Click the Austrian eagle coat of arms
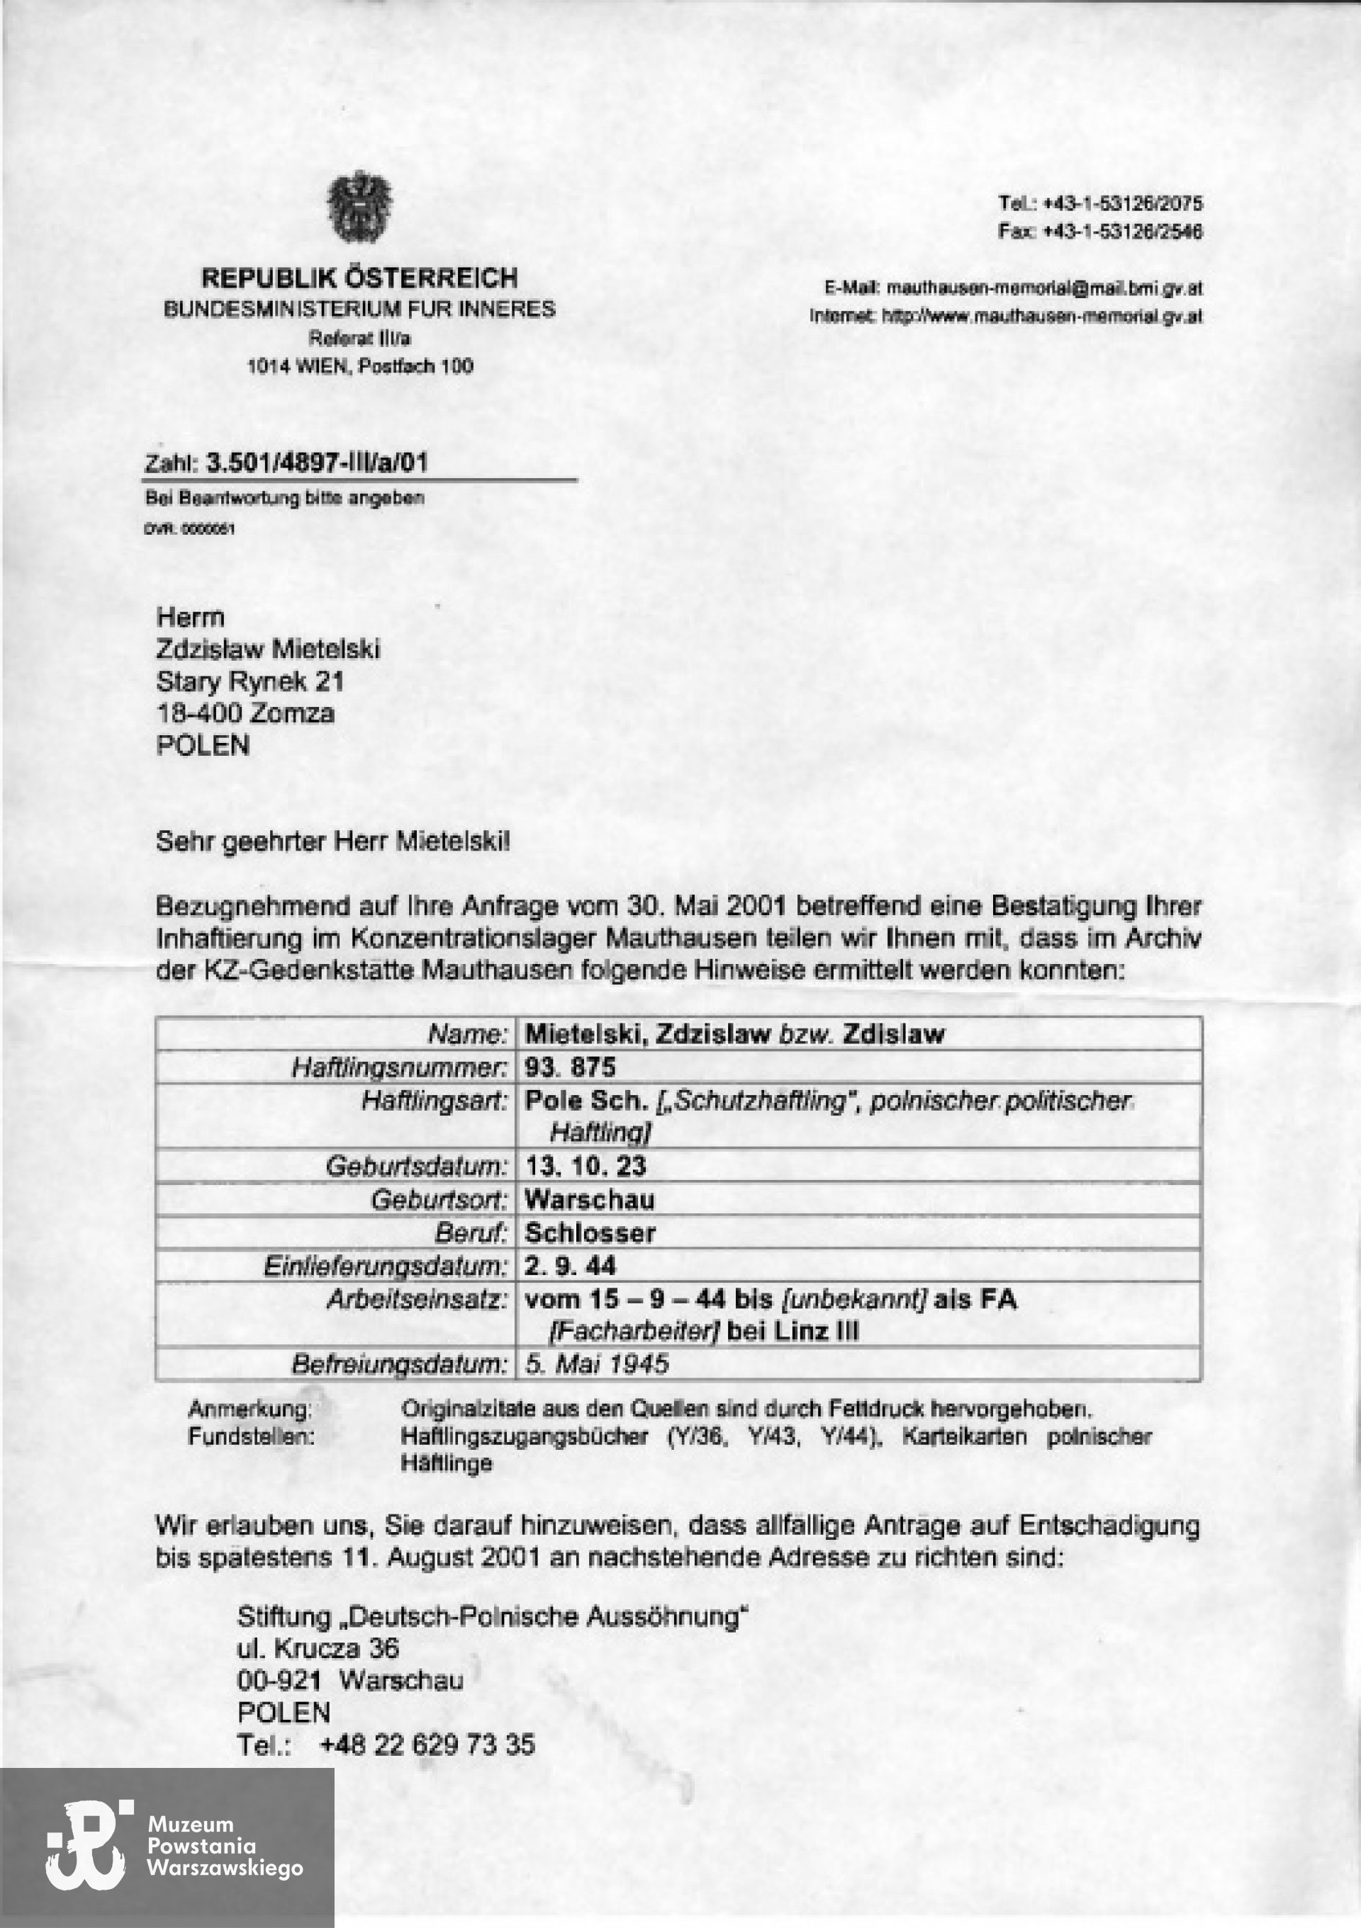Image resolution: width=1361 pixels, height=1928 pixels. pyautogui.click(x=360, y=207)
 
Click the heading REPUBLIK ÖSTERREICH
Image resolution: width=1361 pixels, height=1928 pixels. pyautogui.click(x=359, y=278)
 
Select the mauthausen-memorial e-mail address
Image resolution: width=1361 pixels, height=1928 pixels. pyautogui.click(x=1044, y=289)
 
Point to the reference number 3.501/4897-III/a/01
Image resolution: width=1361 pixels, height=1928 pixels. pyautogui.click(x=317, y=463)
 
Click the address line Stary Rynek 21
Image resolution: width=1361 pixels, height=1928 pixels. pyautogui.click(x=250, y=681)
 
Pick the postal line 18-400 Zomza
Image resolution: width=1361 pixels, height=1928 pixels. pyautogui.click(x=245, y=713)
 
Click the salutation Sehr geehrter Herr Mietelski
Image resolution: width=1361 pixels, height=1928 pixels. pyautogui.click(x=332, y=841)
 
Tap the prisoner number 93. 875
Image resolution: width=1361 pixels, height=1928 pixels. pyautogui.click(x=570, y=1067)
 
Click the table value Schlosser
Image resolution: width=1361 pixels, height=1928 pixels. pyautogui.click(x=590, y=1232)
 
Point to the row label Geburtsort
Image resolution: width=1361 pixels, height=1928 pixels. pyautogui.click(x=439, y=1200)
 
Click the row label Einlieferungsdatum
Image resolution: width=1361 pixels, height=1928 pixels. pyautogui.click(x=386, y=1266)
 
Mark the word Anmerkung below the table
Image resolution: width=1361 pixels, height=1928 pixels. pyautogui.click(x=250, y=1407)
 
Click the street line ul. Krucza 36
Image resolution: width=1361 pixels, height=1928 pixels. pyautogui.click(x=318, y=1648)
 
